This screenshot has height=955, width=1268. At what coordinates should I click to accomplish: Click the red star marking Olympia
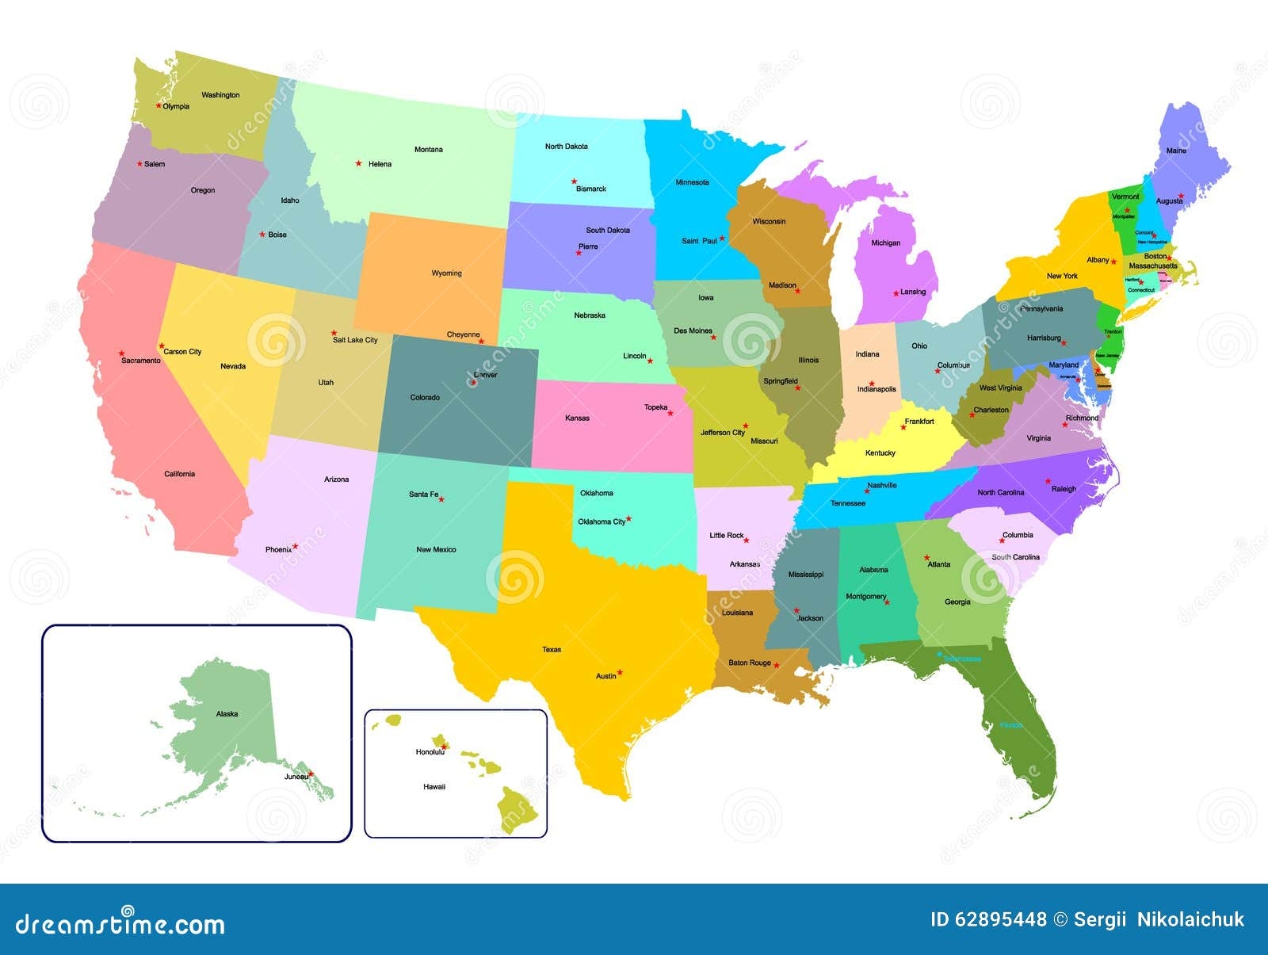[x=158, y=105]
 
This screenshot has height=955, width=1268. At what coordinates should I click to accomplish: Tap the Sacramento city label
[x=140, y=361]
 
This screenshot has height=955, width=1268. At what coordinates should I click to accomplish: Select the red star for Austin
[x=620, y=672]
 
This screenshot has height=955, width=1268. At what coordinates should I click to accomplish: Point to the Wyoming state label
[x=446, y=273]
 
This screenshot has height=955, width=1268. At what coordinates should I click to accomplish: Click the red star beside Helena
[x=358, y=163]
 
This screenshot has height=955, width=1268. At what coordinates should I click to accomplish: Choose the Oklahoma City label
[x=602, y=521]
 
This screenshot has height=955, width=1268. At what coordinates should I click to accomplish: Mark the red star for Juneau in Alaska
[x=311, y=774]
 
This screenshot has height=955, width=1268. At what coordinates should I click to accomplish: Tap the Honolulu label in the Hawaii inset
[x=430, y=752]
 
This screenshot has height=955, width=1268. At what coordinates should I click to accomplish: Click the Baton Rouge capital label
[x=749, y=663]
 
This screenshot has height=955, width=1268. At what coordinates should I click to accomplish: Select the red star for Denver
[x=474, y=382]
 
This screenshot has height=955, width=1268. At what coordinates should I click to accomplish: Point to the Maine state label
[x=1176, y=151]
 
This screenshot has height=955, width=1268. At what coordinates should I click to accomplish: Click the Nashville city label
[x=881, y=485]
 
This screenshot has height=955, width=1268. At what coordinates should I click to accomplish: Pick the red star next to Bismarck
[x=575, y=181]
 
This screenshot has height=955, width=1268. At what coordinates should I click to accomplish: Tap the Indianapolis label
[x=877, y=390]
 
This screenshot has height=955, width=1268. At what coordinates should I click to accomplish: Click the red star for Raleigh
[x=1048, y=480]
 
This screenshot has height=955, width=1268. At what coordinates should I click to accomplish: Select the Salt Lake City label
[x=355, y=340]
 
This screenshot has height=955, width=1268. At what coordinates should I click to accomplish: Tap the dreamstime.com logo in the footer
[x=120, y=923]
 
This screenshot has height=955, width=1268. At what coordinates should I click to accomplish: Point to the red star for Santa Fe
[x=441, y=499]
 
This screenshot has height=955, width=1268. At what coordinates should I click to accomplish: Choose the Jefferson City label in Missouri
[x=722, y=433]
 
